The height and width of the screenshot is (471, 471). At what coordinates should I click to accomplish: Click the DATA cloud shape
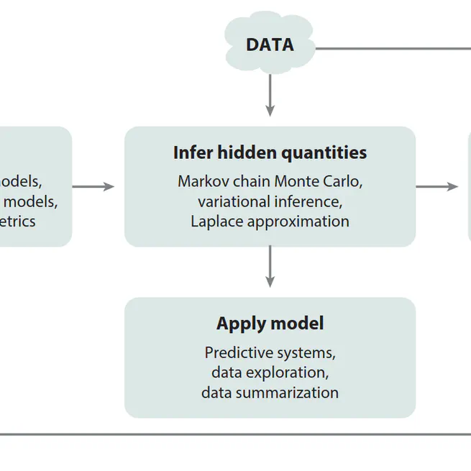[x=270, y=45]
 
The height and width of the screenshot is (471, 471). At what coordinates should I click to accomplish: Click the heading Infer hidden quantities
[x=270, y=152]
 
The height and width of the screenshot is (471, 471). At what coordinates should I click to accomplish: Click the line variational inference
[x=270, y=201]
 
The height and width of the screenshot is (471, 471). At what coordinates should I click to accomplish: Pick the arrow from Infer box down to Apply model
[x=270, y=267]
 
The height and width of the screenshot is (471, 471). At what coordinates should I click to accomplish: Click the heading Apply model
[x=270, y=324]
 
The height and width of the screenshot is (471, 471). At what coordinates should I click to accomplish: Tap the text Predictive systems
[x=270, y=353]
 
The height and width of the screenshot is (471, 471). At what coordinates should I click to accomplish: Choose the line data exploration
[x=270, y=372]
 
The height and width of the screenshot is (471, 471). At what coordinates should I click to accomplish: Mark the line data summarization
[x=270, y=393]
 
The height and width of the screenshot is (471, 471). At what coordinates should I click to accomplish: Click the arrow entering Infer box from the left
[x=93, y=187]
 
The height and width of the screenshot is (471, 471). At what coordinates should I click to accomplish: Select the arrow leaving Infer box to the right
[x=436, y=187]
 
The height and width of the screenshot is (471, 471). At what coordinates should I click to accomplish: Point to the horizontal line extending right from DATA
[x=392, y=49]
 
